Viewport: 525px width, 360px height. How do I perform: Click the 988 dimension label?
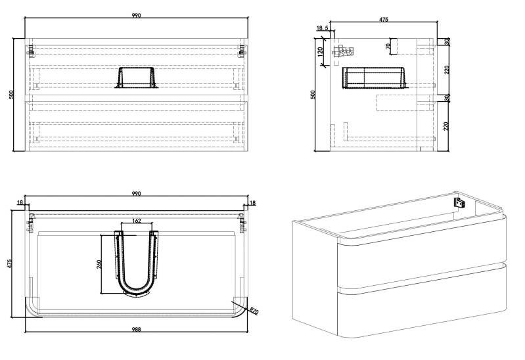(136, 330)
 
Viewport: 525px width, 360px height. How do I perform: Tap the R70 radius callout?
(254, 311)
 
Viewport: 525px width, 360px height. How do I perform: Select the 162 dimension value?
(137, 221)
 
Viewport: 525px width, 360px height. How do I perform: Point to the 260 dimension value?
(99, 265)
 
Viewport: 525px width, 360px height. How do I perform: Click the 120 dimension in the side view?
(321, 52)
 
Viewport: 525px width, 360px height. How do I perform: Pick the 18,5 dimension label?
(322, 28)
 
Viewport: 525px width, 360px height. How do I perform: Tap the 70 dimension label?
(388, 46)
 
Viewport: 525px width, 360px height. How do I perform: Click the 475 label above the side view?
(383, 20)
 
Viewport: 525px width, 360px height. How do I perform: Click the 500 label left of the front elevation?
(11, 95)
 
